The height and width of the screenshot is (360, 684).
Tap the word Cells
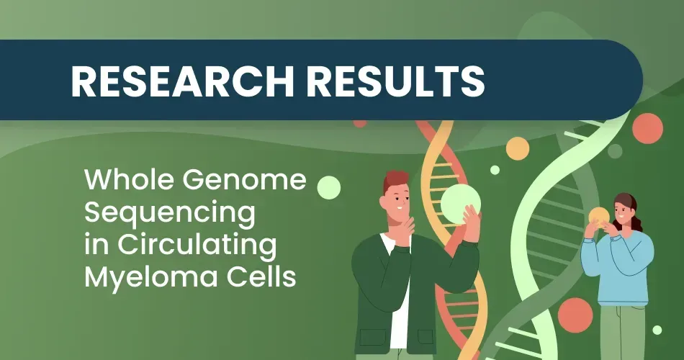pos(260,278)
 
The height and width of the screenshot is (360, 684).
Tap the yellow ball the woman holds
pos(599,216)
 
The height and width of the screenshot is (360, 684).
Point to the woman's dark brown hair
pos(631,212)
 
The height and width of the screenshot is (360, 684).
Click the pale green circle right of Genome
pos(328,186)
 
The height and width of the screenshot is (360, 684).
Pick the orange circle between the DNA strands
pos(517,148)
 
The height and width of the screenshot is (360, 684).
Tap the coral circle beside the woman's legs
pos(575,315)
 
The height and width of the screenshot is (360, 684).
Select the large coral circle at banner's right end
pos(647,128)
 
